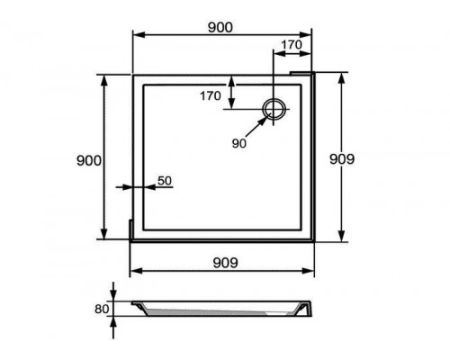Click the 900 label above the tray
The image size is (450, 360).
click(x=220, y=28)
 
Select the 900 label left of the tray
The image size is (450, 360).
click(x=89, y=161)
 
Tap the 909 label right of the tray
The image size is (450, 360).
click(x=342, y=159)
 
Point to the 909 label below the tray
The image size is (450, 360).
click(x=225, y=263)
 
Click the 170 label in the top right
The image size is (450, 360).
click(x=292, y=45)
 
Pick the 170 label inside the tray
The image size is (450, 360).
click(x=211, y=95)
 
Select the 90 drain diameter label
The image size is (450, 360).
click(x=238, y=144)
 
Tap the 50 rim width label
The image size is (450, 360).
click(x=165, y=181)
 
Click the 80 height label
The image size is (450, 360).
click(x=102, y=309)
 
